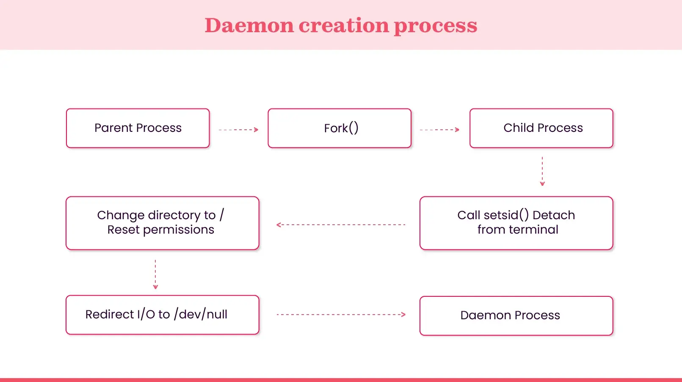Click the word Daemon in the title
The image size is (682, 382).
tap(249, 25)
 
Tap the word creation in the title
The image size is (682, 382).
tap(343, 25)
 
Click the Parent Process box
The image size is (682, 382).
tap(138, 128)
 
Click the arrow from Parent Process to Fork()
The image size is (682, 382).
tap(238, 130)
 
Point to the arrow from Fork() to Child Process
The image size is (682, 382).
tap(439, 130)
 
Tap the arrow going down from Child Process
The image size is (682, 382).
tap(542, 171)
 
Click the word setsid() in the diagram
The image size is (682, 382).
tap(506, 215)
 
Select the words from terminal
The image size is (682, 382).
tap(518, 230)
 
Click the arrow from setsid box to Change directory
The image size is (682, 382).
tap(341, 225)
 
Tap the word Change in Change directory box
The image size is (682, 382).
tap(121, 215)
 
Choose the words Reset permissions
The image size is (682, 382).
tap(160, 230)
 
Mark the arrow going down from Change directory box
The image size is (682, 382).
tap(155, 274)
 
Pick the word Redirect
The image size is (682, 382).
tap(109, 314)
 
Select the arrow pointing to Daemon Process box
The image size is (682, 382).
tap(341, 315)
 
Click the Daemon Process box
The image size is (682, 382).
tap(516, 315)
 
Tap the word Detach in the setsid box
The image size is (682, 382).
tap(553, 215)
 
